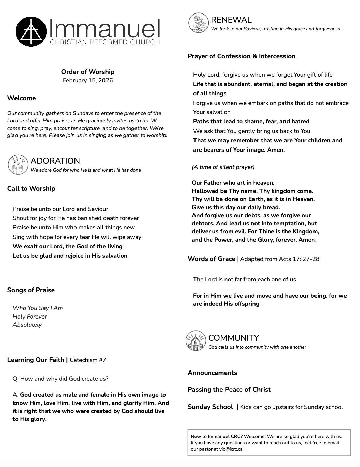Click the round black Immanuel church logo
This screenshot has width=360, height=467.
[x=31, y=31]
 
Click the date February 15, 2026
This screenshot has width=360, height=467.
[x=88, y=80]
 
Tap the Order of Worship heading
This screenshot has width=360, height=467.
[x=88, y=72]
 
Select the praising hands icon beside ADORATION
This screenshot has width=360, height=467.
[x=18, y=165]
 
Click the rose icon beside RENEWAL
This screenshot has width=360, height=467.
[x=199, y=23]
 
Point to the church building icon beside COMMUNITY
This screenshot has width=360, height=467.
[x=196, y=340]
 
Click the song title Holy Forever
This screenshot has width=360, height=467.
[x=30, y=317]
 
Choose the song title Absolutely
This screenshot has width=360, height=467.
[x=27, y=325]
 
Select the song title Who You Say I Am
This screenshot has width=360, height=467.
[x=38, y=308]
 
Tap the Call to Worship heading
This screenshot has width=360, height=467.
[x=31, y=188]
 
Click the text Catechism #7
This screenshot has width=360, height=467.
[x=88, y=360]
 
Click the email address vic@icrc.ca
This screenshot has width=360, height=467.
[x=231, y=449]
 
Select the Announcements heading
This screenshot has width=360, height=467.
[x=212, y=373]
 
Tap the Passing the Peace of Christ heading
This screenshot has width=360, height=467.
[x=229, y=389]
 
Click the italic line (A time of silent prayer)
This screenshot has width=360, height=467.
[x=223, y=167]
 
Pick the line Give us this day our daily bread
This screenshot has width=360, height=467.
[x=236, y=207]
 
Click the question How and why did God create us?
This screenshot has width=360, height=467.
[x=61, y=379]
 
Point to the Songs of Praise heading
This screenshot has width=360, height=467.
[x=31, y=290]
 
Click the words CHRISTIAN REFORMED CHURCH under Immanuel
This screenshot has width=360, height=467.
[x=105, y=42]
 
